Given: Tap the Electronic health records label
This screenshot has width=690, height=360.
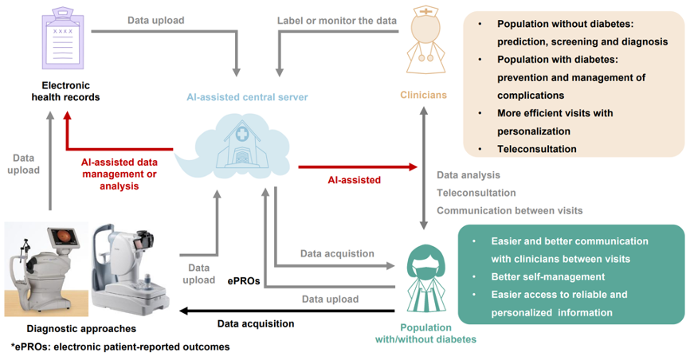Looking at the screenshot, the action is (65, 91).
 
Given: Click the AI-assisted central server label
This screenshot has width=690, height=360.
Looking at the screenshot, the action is (247, 97).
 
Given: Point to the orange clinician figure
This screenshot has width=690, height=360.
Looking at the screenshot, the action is (425, 40).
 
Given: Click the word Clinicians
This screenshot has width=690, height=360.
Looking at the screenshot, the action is (423, 95).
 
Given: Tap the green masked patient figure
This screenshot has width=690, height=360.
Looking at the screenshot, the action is (425, 279).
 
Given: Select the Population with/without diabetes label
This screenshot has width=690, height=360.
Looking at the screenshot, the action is (425, 334).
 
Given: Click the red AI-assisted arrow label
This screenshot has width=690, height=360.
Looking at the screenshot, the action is (355, 180).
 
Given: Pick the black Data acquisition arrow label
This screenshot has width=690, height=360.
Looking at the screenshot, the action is (256, 324).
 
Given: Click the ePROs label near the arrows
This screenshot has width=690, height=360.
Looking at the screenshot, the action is (244, 281).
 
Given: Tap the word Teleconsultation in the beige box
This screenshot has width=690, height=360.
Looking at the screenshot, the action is (537, 149).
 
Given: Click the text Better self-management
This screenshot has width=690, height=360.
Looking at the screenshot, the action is (548, 277).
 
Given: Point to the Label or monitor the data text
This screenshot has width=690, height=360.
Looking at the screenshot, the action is (337, 21).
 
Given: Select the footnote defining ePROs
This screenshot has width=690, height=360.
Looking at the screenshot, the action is (120, 346).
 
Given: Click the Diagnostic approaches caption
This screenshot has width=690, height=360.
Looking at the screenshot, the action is (81, 329).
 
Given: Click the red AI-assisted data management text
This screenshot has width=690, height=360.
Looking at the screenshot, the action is (120, 174).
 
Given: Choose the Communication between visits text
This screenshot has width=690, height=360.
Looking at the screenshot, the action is (510, 211).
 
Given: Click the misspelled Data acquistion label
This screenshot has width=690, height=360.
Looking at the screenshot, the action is (337, 253).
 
